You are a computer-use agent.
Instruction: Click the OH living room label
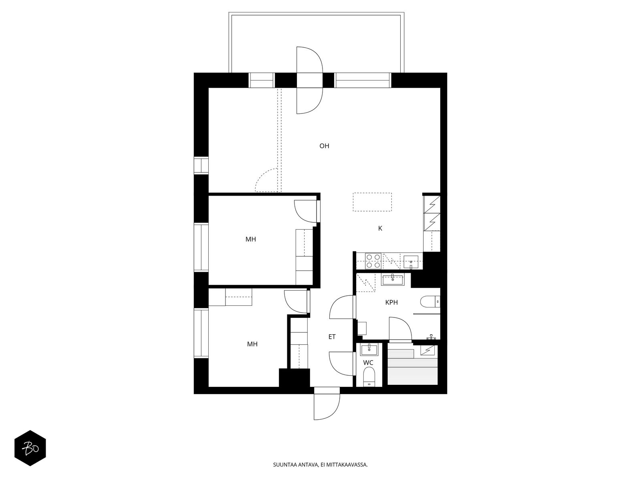coord(324,146)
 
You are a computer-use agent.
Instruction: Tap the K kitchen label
coord(380,228)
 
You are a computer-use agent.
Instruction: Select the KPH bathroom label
coord(391,302)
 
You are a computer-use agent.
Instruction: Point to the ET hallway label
coord(332,337)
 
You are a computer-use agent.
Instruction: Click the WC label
coord(368,363)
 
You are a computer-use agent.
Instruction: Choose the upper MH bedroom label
coord(250,239)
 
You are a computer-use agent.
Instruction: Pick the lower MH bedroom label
coord(252,344)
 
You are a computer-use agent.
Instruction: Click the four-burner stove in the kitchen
coord(373,261)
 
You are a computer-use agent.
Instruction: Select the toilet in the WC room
coord(369,377)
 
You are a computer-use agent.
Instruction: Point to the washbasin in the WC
coord(369,350)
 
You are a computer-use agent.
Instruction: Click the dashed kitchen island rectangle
coord(372,202)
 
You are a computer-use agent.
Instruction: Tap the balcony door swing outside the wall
coord(310,60)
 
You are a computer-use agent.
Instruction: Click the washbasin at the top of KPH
coord(393,280)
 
